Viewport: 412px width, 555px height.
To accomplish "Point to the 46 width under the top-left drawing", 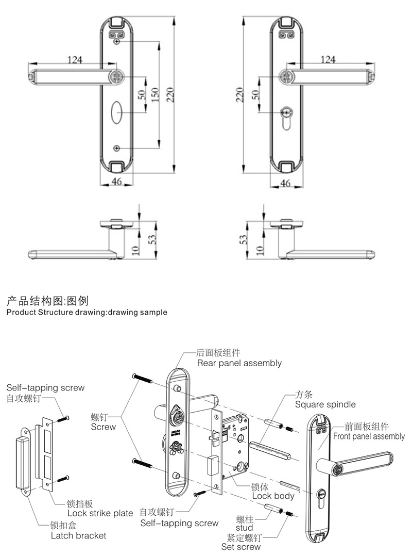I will coord(117,182).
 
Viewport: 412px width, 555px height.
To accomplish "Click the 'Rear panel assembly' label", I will coord(239,363).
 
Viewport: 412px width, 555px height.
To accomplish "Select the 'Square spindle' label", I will coord(325,404).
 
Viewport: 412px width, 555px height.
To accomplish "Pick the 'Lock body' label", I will coord(273,496).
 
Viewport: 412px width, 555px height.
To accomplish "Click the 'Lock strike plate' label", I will coord(100,513).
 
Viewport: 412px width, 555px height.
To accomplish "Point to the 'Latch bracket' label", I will coord(78,535).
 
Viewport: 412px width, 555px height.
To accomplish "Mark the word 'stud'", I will coord(244,528).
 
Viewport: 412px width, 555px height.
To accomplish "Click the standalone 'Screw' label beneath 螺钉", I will coord(104,427).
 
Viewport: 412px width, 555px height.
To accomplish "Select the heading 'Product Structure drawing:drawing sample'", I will coord(87,313).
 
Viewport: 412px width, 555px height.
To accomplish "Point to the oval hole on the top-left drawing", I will coord(117,111).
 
